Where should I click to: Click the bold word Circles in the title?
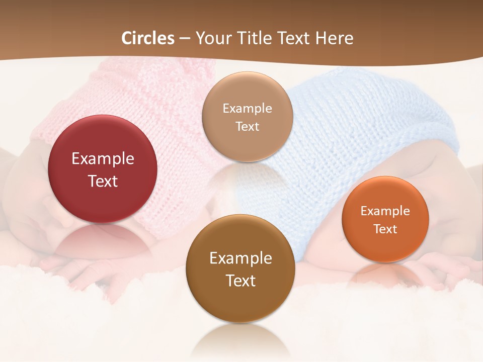coord(147,38)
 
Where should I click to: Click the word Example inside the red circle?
coord(103,159)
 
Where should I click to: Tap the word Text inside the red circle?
coord(103,181)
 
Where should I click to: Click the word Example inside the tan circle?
coord(247,109)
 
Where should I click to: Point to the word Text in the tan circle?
coord(247,126)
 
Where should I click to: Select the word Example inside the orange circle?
coord(385,211)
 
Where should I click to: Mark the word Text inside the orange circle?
coord(385,229)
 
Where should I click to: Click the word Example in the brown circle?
coord(240,258)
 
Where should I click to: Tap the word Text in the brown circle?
coord(240,281)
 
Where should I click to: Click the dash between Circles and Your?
coord(184,39)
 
